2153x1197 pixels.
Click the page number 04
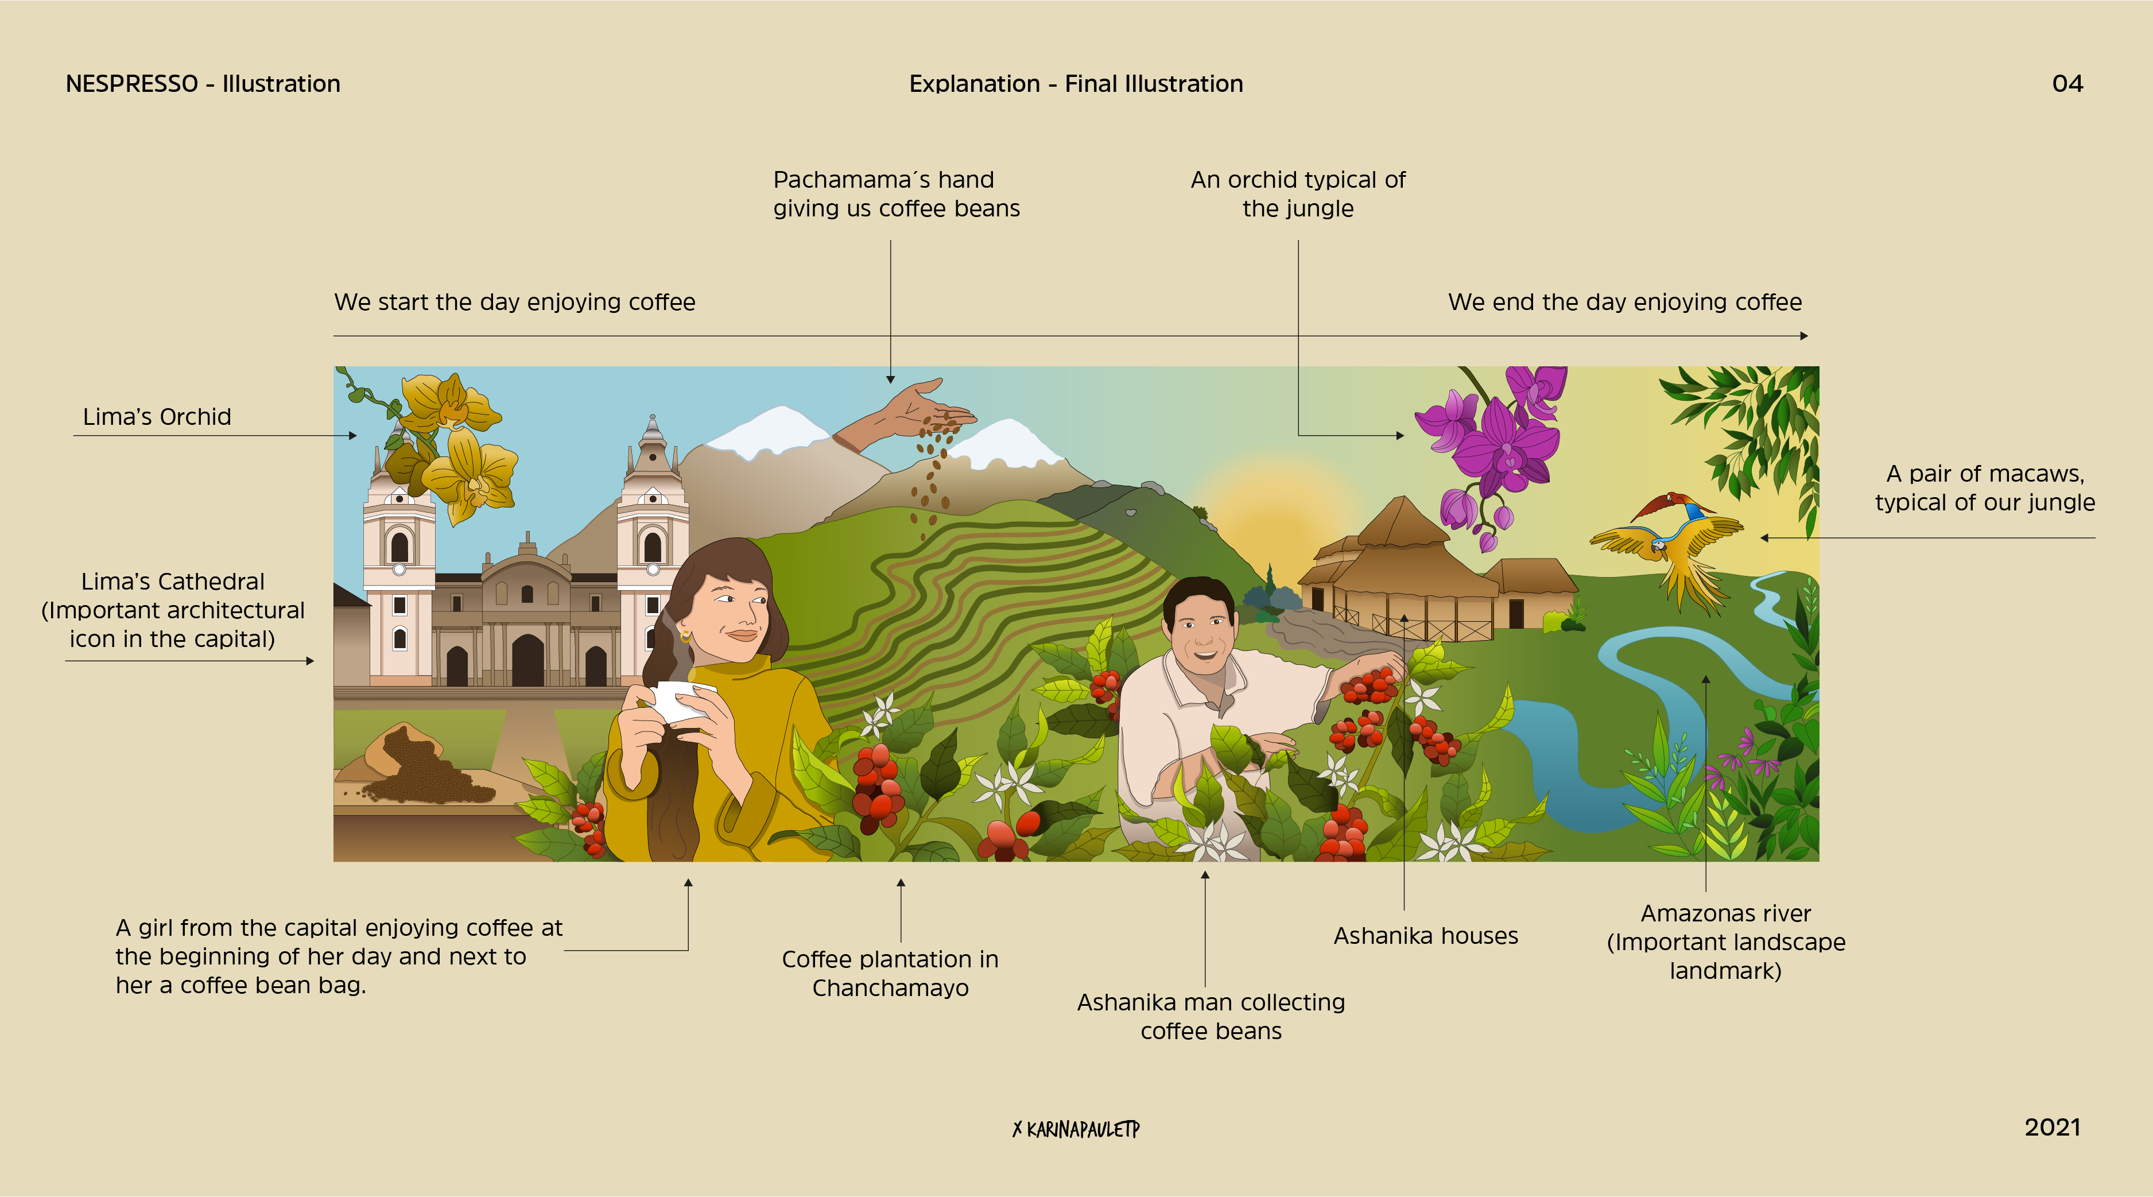[x=2067, y=84]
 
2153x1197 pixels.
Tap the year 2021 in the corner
[x=2052, y=1127]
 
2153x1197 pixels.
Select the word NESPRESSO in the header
[x=132, y=84]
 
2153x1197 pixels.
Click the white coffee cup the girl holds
[x=681, y=700]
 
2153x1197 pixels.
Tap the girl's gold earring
[x=686, y=637]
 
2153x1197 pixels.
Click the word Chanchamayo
[x=890, y=988]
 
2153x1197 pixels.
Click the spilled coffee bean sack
[x=422, y=765]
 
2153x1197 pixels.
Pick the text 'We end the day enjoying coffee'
[x=1625, y=302]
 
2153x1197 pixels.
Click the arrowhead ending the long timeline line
[x=1803, y=336]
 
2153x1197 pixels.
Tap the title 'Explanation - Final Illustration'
[x=1077, y=84]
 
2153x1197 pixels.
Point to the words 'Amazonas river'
[x=1726, y=913]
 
